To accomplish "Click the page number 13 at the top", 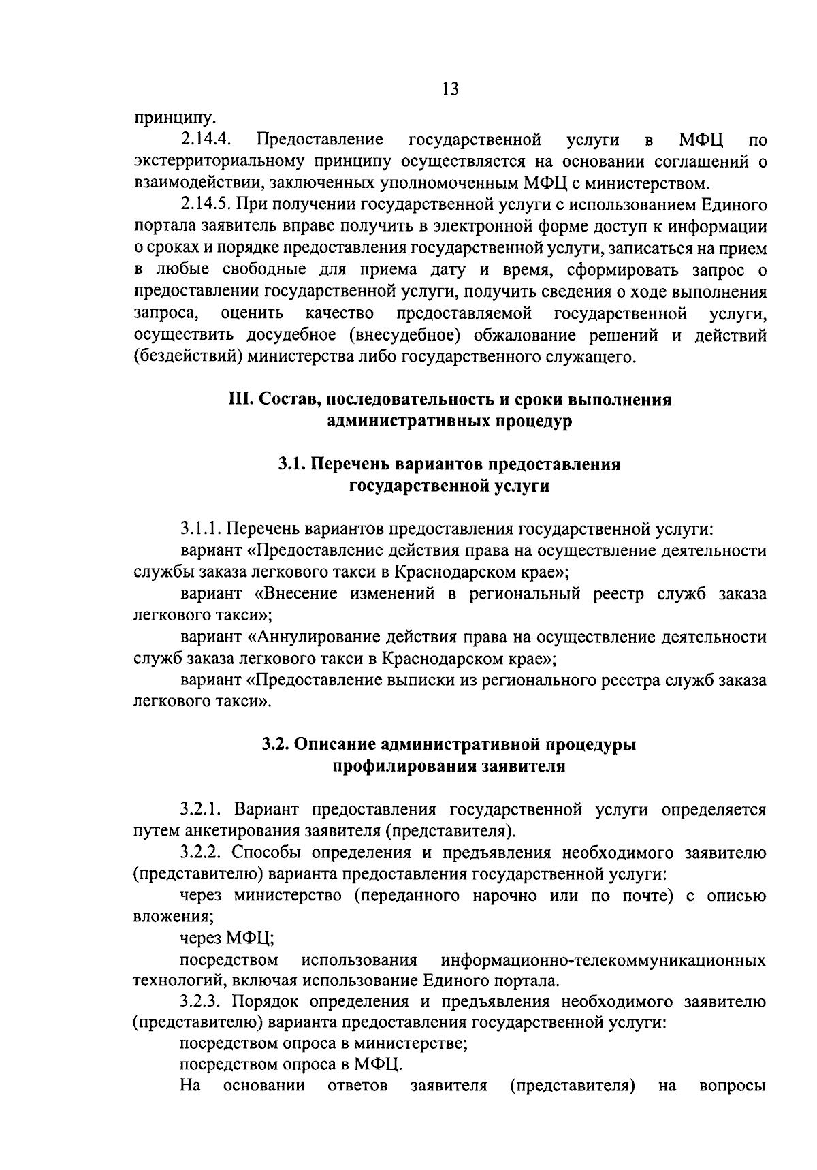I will [x=450, y=89].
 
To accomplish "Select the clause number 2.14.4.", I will [x=207, y=140].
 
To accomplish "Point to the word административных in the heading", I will [x=406, y=422].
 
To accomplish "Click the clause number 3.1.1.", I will [x=202, y=528].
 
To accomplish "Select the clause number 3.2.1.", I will [x=202, y=810].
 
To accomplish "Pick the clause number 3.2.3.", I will [x=202, y=1002].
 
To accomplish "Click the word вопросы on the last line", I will [x=733, y=1086].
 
